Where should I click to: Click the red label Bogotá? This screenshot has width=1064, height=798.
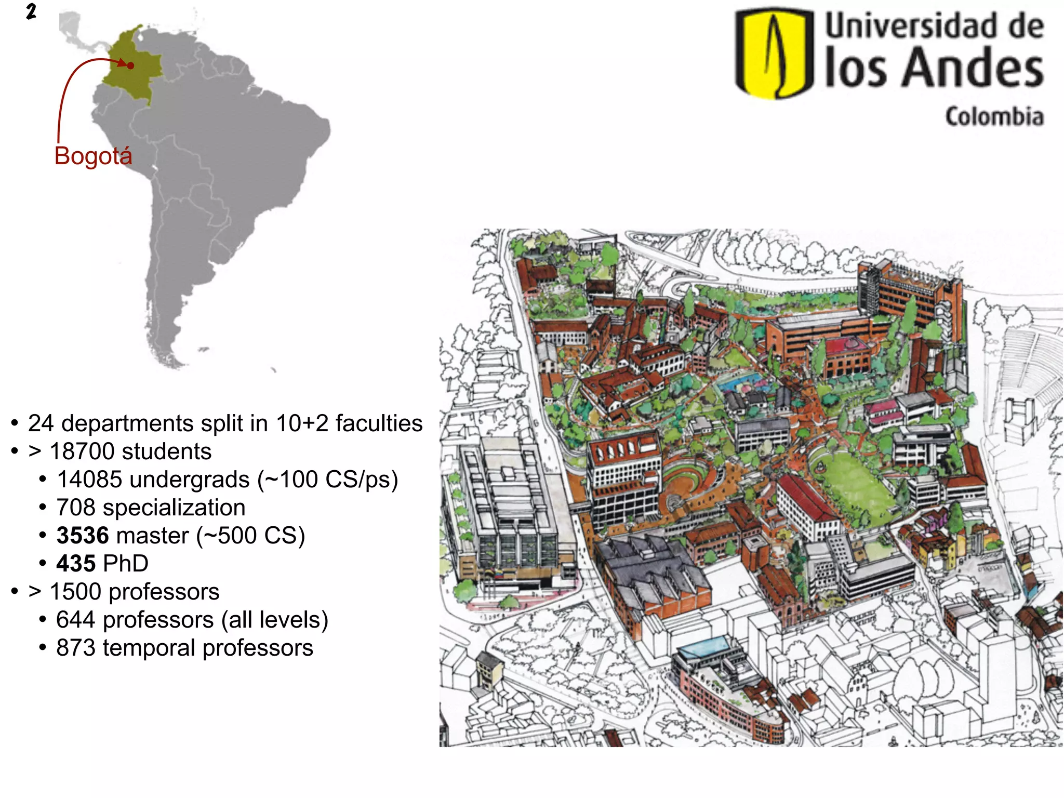pos(94,156)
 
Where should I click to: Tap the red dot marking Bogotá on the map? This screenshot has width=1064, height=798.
pos(130,65)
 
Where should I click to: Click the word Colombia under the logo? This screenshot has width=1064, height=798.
pos(994,117)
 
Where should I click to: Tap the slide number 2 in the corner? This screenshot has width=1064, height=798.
pos(31,11)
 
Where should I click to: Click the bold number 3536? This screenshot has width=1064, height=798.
pos(83,536)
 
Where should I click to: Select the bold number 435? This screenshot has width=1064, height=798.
pos(76,564)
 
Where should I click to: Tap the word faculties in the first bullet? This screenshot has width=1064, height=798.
pos(379,423)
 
